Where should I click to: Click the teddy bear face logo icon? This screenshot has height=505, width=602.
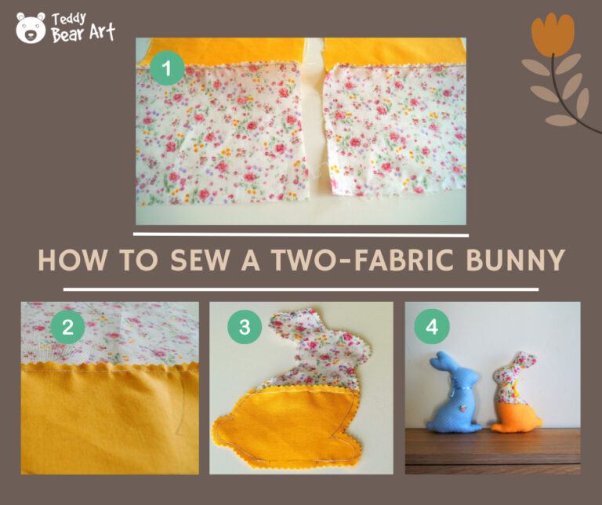pyautogui.click(x=31, y=28)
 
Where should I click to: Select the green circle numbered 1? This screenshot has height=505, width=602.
pyautogui.click(x=165, y=69)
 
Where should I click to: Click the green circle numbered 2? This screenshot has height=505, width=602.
pyautogui.click(x=67, y=328)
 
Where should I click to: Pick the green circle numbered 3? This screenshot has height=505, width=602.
pyautogui.click(x=244, y=328)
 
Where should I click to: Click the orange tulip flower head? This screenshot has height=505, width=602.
pyautogui.click(x=553, y=33)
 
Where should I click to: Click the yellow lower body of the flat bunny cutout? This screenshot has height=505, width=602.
pyautogui.click(x=290, y=423)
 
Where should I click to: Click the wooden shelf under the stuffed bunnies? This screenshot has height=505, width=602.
pyautogui.click(x=492, y=451)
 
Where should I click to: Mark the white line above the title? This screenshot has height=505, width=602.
pyautogui.click(x=301, y=234)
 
